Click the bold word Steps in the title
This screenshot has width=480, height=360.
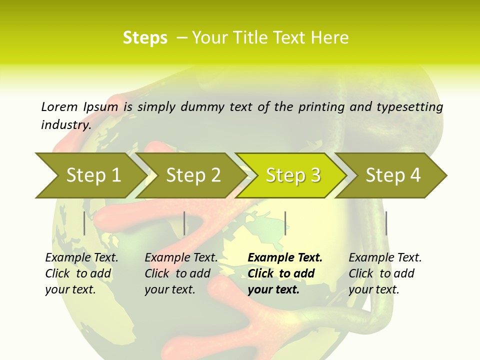(x=145, y=37)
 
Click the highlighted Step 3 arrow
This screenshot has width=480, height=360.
(x=293, y=175)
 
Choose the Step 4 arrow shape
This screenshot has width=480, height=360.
(x=393, y=175)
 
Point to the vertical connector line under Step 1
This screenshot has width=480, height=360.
(x=84, y=223)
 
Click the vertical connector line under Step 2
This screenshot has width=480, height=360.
(x=184, y=223)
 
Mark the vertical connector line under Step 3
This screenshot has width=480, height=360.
(x=285, y=223)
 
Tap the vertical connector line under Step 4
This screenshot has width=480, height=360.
(x=386, y=223)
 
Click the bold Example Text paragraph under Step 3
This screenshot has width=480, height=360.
(x=285, y=273)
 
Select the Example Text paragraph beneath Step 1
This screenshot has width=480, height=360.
(x=81, y=273)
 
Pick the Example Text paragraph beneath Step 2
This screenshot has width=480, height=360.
(x=181, y=273)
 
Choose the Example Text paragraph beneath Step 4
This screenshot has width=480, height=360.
(x=385, y=273)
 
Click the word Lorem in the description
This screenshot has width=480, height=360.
(x=59, y=106)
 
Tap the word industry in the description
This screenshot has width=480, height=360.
(x=66, y=125)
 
